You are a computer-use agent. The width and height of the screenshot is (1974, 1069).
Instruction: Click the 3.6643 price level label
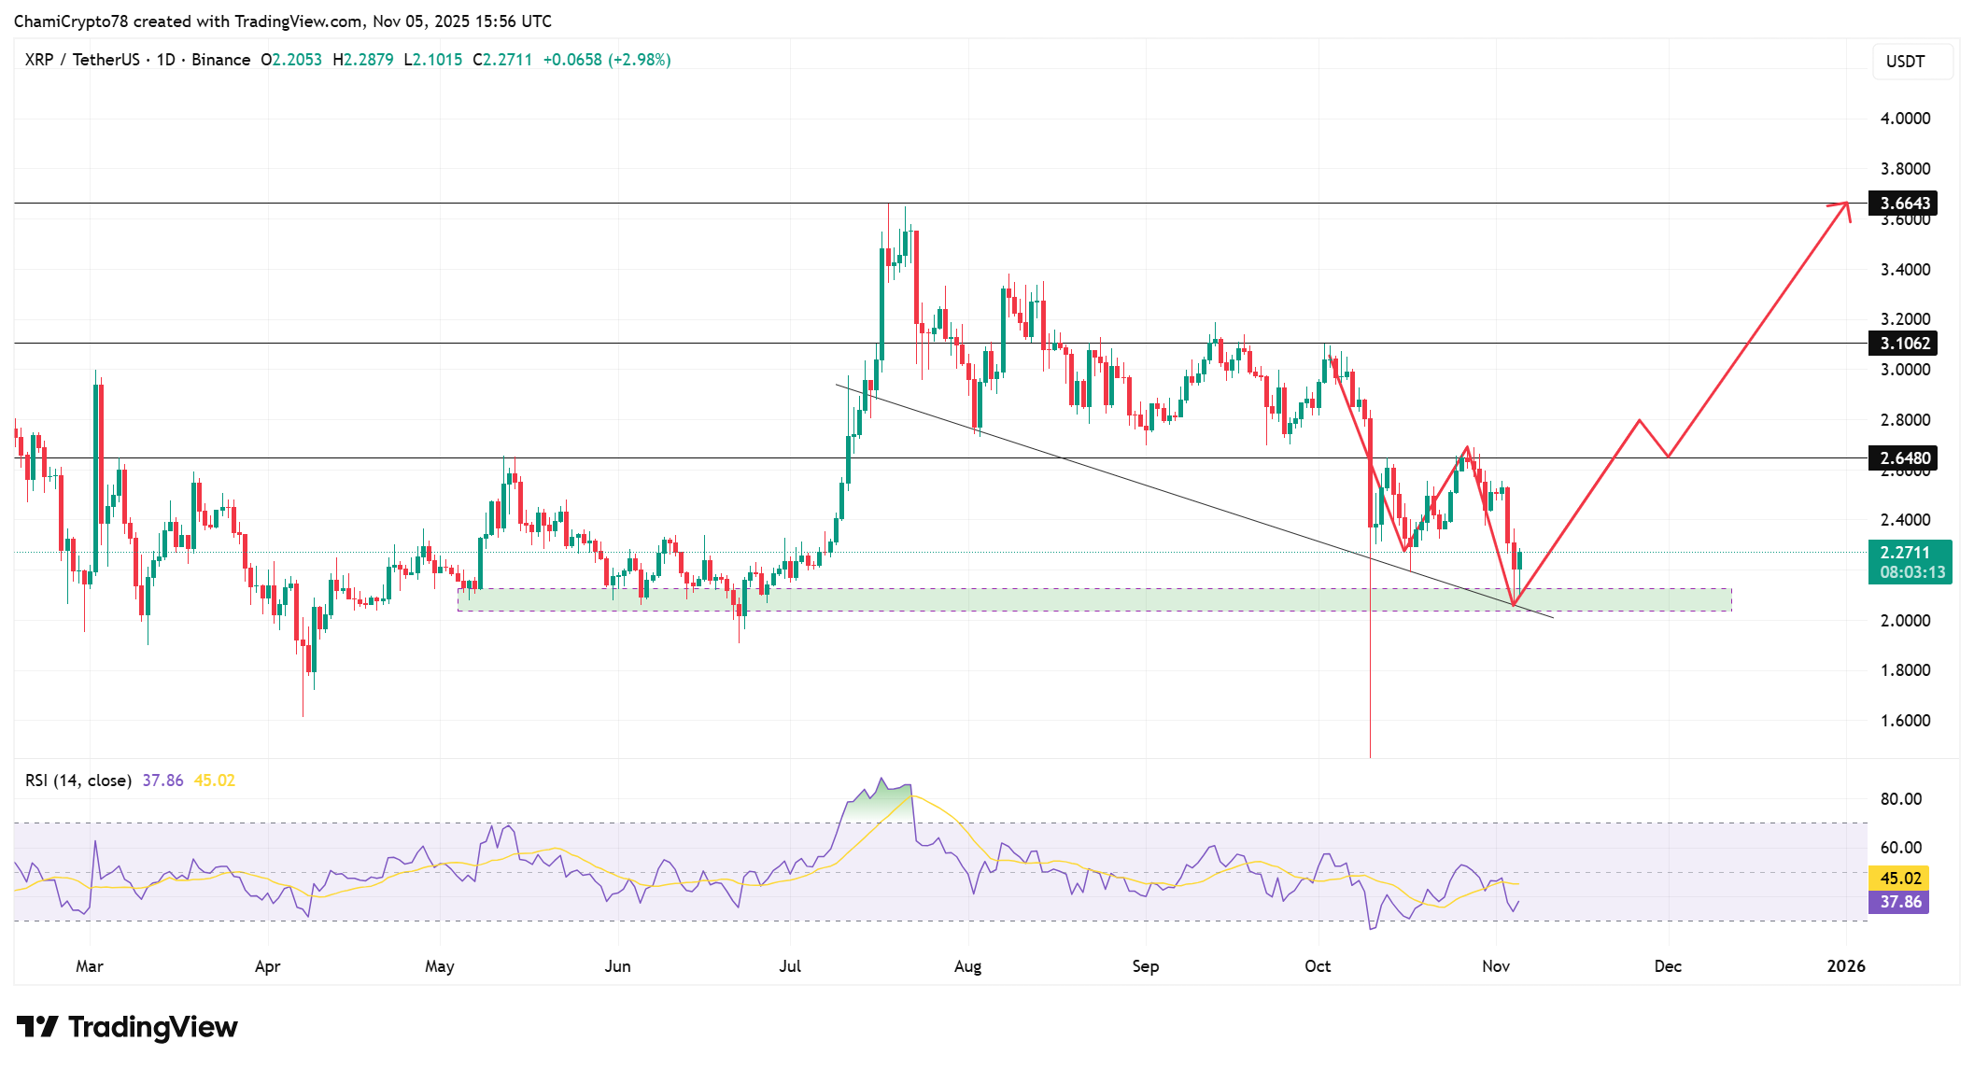1903,204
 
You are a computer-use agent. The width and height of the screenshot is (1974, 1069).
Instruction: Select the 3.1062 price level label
1903,344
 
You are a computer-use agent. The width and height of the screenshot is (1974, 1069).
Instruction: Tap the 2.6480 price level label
1903,458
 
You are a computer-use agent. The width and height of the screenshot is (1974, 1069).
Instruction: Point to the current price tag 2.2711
1905,553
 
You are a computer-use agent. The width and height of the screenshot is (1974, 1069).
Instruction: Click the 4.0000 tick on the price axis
1905,119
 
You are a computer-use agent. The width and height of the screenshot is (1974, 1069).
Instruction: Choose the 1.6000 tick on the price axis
1905,721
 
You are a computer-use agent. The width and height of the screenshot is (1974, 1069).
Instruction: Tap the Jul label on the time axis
790,966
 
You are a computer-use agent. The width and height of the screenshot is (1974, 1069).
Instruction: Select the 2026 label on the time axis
1845,966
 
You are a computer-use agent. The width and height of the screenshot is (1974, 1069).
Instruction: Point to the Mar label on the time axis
90,966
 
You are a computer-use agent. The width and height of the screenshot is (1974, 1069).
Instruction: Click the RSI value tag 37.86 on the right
1899,902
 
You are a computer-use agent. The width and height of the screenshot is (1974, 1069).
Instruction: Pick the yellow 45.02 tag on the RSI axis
1899,879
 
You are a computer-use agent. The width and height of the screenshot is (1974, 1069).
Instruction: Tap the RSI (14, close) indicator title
78,781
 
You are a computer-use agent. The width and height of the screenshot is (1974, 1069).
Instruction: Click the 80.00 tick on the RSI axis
1900,799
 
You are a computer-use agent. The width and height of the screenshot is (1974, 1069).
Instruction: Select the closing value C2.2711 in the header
502,60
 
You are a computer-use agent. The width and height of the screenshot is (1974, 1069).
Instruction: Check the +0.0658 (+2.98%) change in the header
607,60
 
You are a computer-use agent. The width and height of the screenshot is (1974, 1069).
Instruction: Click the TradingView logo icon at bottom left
37,1027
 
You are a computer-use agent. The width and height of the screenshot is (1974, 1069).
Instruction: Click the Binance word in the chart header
221,60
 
